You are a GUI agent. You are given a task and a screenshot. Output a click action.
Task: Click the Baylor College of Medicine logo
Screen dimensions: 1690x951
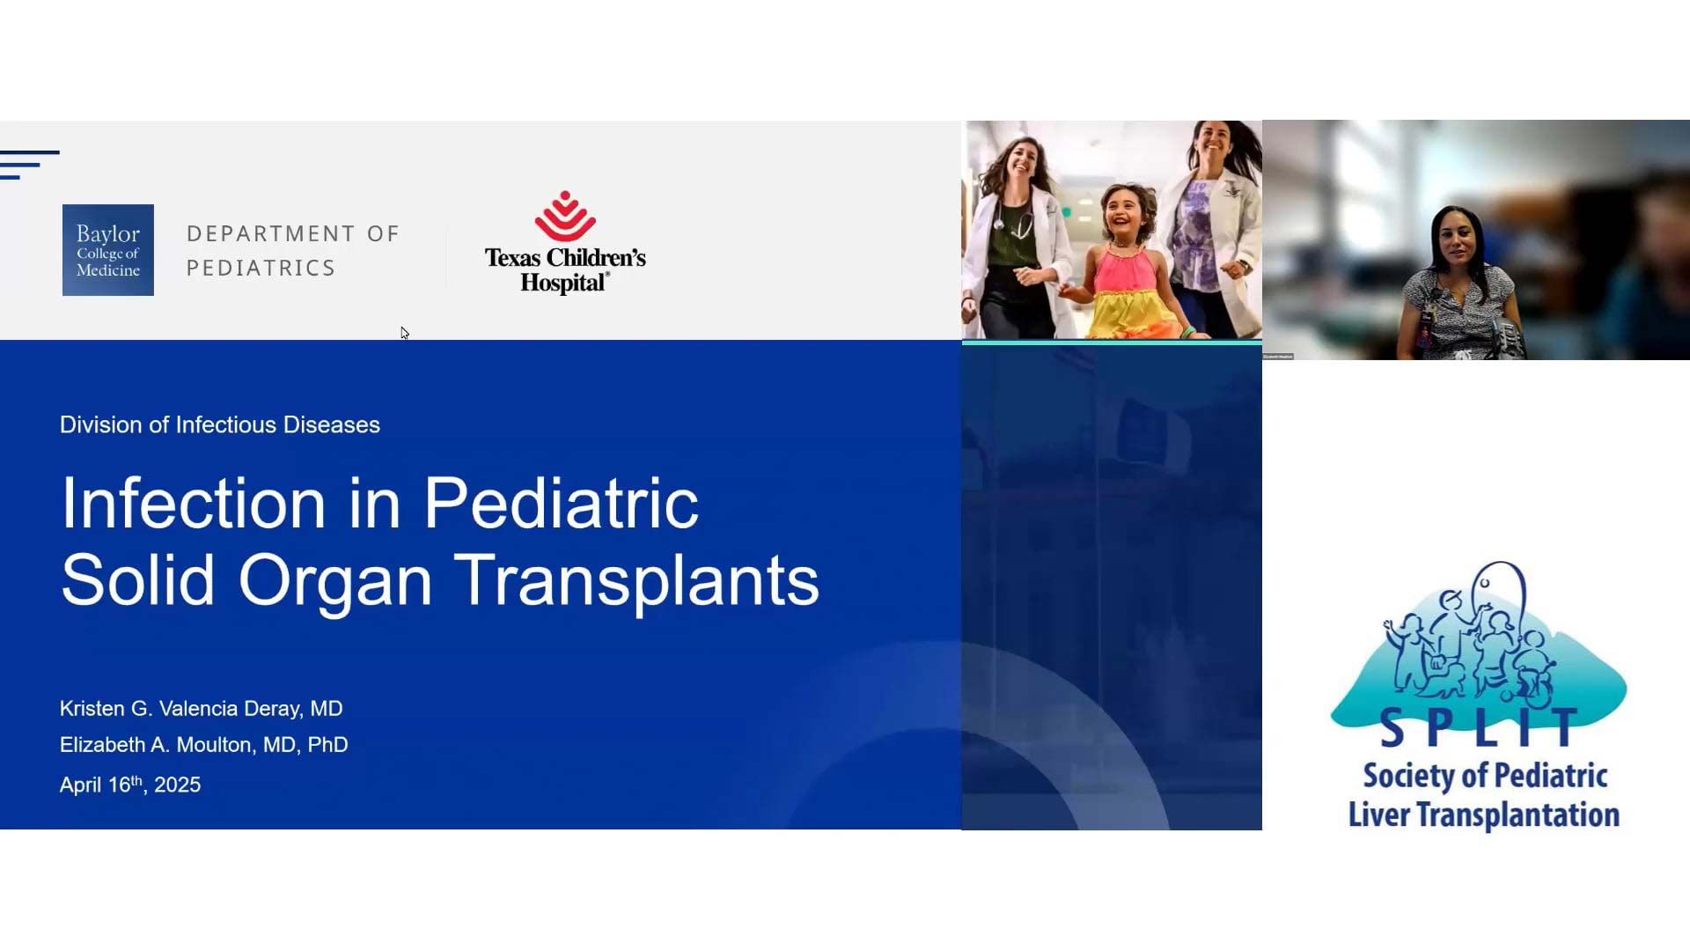pyautogui.click(x=108, y=250)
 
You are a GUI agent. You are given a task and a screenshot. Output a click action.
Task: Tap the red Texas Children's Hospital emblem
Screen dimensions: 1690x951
pyautogui.click(x=565, y=217)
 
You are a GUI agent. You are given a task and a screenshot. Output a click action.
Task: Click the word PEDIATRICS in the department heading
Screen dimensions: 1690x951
pyautogui.click(x=261, y=268)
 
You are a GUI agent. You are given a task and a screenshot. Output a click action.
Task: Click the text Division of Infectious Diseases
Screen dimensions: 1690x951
pyautogui.click(x=220, y=424)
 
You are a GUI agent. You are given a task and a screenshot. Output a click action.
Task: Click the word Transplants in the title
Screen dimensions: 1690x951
pyautogui.click(x=636, y=580)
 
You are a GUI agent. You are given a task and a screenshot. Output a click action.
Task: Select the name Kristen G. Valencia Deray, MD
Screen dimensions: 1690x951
pyautogui.click(x=202, y=709)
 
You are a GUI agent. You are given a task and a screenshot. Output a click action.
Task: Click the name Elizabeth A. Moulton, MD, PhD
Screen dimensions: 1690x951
pyautogui.click(x=204, y=745)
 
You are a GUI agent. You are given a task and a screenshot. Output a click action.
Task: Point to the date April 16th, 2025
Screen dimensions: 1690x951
pyautogui.click(x=130, y=784)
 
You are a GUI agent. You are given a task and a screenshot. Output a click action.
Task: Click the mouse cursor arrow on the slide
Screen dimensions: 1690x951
pyautogui.click(x=404, y=333)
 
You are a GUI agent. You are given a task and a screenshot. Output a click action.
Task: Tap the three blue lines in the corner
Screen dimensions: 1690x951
pyautogui.click(x=30, y=165)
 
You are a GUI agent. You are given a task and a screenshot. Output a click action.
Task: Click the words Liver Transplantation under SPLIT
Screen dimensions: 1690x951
pyautogui.click(x=1484, y=815)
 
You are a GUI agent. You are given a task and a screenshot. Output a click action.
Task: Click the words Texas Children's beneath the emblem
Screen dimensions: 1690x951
pyautogui.click(x=565, y=258)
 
